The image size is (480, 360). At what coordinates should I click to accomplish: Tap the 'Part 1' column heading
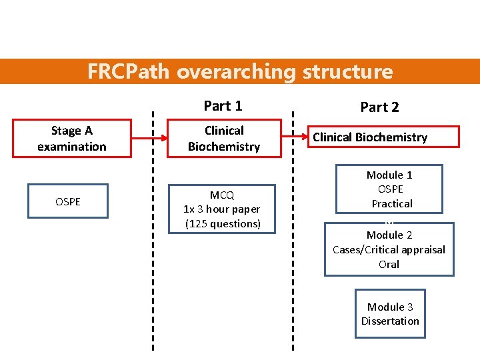coord(223,106)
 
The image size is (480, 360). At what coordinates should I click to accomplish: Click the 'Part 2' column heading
coord(379,107)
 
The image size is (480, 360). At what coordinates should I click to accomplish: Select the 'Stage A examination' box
coord(71,139)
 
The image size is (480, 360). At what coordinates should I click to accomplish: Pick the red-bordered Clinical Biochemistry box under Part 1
coord(223,139)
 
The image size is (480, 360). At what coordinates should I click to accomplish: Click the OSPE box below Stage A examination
coord(68,201)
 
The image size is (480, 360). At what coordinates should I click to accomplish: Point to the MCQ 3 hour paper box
coord(223,209)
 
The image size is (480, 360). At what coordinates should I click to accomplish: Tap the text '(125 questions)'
coord(223,224)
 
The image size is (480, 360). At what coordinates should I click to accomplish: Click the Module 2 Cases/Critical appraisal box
coord(389,249)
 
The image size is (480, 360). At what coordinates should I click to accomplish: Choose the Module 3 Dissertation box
coord(390,314)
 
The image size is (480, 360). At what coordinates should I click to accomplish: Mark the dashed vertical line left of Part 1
coord(153,233)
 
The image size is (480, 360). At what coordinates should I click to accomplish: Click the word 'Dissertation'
coord(390,321)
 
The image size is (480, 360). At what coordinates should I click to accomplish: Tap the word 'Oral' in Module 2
coord(389,265)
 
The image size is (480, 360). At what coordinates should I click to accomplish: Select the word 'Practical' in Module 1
coord(392,204)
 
